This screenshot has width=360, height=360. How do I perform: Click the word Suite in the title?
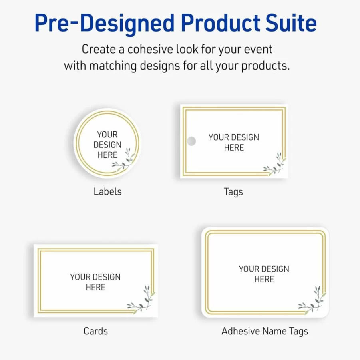291,23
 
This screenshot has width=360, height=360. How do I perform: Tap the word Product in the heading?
221,23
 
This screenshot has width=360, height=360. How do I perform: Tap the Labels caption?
107,191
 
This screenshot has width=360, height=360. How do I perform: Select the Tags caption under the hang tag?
233,192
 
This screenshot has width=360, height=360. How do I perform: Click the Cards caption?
95,331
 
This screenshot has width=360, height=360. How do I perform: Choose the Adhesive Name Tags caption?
265,332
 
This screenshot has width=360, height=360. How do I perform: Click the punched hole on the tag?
191,141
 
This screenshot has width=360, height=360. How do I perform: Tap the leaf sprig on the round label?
123,160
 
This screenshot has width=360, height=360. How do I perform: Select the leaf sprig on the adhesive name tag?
312,300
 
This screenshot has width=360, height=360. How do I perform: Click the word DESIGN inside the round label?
107,145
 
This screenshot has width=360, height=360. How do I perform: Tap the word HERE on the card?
95,287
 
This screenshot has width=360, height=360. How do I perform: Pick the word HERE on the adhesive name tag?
264,279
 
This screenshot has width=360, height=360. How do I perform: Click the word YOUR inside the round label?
107,135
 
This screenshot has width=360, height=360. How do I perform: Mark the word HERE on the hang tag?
234,147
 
